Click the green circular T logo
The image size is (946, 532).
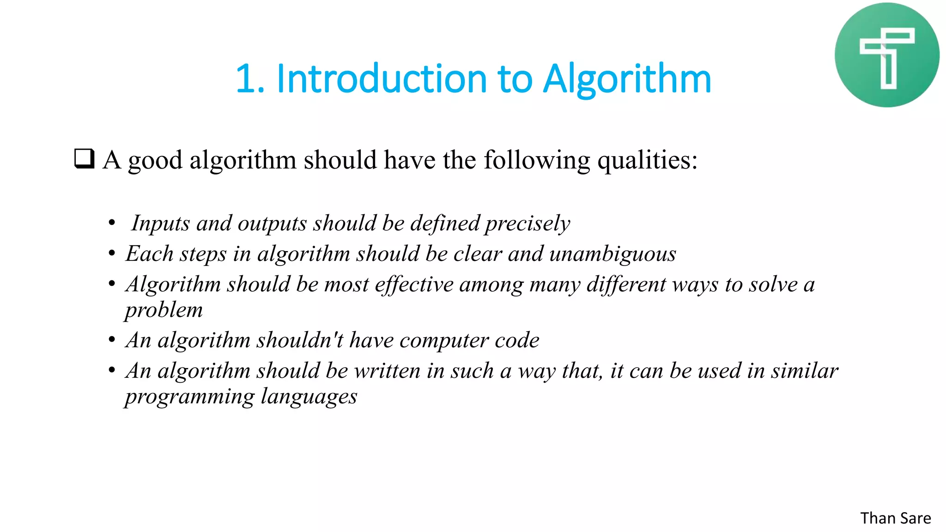886,55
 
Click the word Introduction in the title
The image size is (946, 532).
382,79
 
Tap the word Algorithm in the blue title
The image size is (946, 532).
627,79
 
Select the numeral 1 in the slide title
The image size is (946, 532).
246,79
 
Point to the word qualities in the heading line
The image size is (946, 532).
647,160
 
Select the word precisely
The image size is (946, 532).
528,224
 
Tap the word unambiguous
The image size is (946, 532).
612,254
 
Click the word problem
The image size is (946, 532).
164,310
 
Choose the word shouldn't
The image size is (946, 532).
300,340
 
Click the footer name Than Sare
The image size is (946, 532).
895,518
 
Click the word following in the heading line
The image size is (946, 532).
537,160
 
